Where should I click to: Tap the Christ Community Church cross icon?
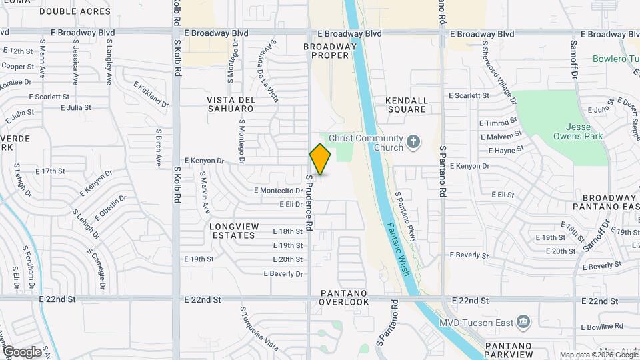pos(413,141)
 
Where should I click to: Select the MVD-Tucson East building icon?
pos(523,323)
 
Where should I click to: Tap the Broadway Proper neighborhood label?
pos(326,51)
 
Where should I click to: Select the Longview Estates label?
pos(234,231)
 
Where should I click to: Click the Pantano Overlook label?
pos(344,297)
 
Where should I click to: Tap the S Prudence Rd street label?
pos(309,203)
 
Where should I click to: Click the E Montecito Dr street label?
pos(279,191)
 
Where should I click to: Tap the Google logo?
pos(22,351)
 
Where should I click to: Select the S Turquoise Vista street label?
pos(259,329)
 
